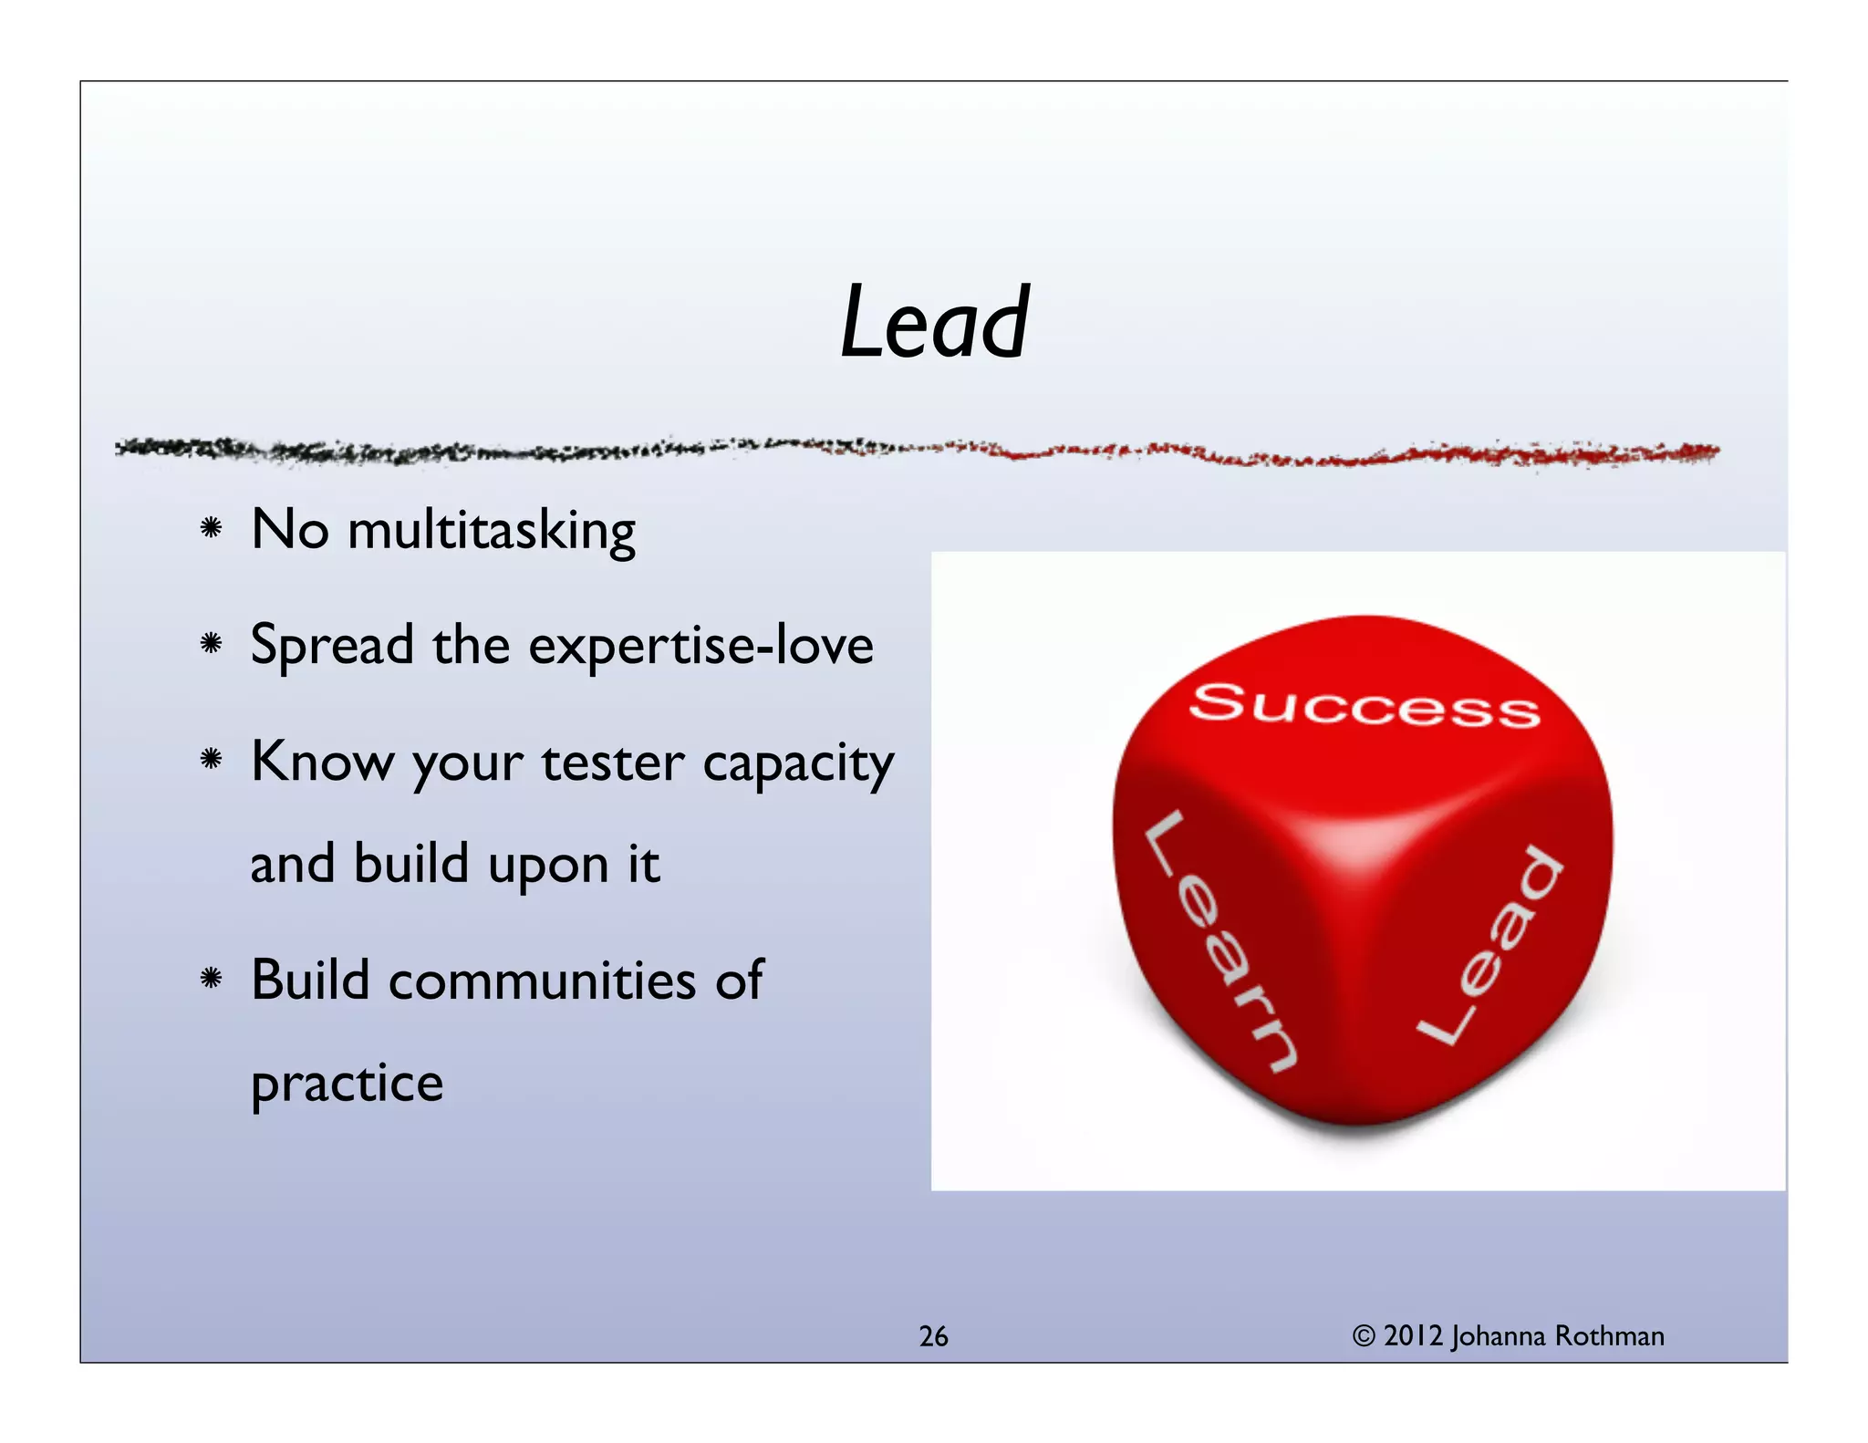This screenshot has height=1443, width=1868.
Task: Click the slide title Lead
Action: coord(934,323)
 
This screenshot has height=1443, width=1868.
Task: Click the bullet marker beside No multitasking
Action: coord(212,527)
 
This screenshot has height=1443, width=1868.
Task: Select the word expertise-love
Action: coord(700,646)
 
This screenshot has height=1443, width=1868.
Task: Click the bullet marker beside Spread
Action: coord(212,643)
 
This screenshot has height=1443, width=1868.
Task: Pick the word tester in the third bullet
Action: coord(612,763)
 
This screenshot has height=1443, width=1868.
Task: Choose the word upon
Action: coord(548,865)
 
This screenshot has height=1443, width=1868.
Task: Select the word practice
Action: coord(347,1085)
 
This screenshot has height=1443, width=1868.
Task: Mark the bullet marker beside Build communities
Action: coord(212,979)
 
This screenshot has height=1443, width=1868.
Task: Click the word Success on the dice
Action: coord(1365,705)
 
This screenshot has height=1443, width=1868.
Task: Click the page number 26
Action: coord(933,1336)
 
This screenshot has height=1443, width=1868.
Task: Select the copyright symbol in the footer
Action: coord(1363,1336)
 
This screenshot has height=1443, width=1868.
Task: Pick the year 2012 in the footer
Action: coord(1413,1336)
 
